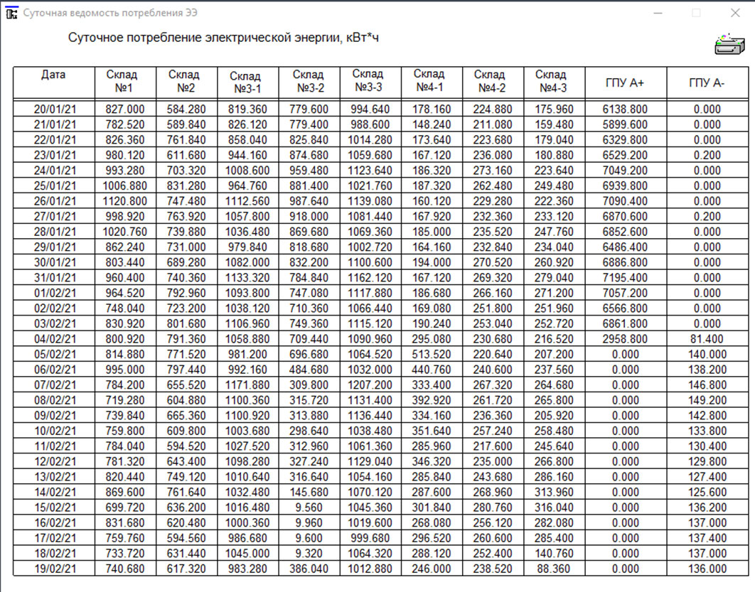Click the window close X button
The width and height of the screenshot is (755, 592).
click(x=735, y=13)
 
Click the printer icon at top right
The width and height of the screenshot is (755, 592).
click(x=729, y=44)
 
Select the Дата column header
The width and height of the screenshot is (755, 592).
click(x=53, y=74)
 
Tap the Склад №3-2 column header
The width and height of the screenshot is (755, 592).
click(x=309, y=81)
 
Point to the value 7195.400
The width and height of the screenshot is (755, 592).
click(x=625, y=278)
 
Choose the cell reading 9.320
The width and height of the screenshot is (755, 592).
click(x=309, y=554)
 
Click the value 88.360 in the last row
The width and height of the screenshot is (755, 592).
click(x=554, y=569)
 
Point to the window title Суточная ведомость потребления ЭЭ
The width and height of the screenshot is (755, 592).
click(x=110, y=13)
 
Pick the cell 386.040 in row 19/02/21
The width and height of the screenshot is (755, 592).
click(x=309, y=569)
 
